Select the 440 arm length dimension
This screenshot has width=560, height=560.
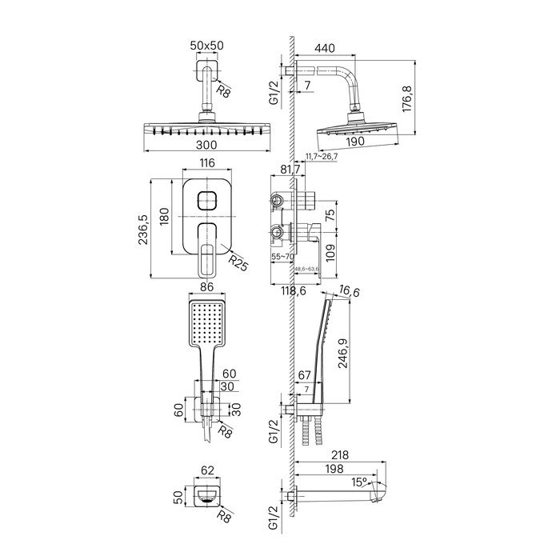(325, 48)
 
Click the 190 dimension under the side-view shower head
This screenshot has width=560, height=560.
(356, 141)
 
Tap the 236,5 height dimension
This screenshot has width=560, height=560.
(144, 230)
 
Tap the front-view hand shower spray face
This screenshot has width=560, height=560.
(207, 322)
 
